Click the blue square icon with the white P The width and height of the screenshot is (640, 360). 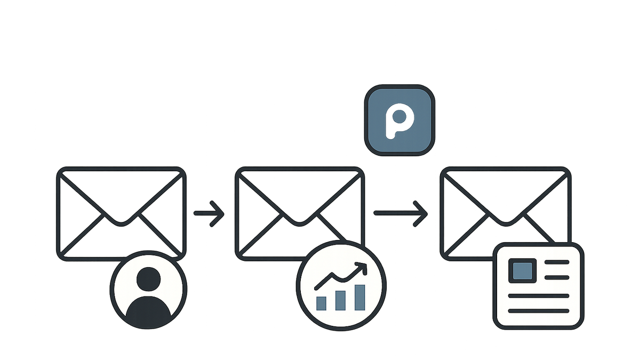tap(399, 121)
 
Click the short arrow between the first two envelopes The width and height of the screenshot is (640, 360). tap(209, 214)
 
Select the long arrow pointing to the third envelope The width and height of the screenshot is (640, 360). tap(401, 213)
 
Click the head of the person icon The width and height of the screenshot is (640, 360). tap(149, 279)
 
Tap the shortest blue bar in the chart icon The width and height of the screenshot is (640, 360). tap(321, 303)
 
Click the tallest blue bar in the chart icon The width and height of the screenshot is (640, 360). tap(359, 298)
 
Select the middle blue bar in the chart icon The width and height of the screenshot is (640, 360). tap(340, 301)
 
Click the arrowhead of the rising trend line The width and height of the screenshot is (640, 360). tap(362, 267)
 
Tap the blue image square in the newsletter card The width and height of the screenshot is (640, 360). tap(522, 270)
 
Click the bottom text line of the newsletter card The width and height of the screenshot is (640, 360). tap(539, 311)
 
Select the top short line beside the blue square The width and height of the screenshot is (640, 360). tap(557, 262)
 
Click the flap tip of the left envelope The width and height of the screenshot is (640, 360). tap(122, 224)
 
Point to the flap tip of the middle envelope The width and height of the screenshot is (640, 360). tap(300, 224)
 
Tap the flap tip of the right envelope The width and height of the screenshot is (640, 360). tap(506, 224)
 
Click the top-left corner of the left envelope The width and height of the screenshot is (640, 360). tap(58, 169)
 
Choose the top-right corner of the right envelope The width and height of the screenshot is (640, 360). tap(570, 169)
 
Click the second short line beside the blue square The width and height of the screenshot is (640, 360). tap(557, 277)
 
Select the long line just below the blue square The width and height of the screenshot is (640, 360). tap(539, 295)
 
